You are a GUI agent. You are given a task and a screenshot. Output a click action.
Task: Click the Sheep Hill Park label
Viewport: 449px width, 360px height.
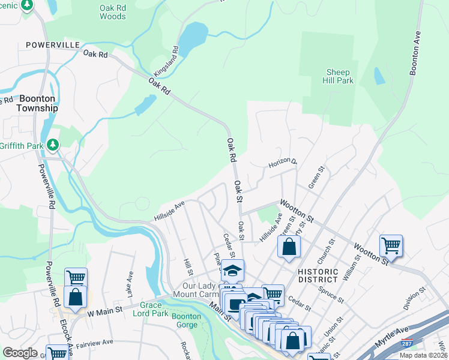[339, 76]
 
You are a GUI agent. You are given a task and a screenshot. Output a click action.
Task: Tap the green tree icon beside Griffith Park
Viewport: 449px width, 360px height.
[53, 144]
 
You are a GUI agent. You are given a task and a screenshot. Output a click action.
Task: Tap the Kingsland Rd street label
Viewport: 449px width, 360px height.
[166, 61]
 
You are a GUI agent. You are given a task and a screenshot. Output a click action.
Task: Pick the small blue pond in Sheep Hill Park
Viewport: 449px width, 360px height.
[379, 76]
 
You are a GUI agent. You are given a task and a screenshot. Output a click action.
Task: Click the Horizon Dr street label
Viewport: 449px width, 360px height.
[282, 163]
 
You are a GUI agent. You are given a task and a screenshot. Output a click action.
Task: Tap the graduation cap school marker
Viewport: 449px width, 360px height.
[232, 271]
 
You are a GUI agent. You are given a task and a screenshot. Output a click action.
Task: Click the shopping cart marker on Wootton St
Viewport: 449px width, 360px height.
[391, 245]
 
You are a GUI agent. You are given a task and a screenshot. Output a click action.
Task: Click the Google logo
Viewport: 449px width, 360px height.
[20, 353]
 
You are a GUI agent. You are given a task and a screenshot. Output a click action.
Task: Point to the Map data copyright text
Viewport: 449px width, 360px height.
[423, 355]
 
